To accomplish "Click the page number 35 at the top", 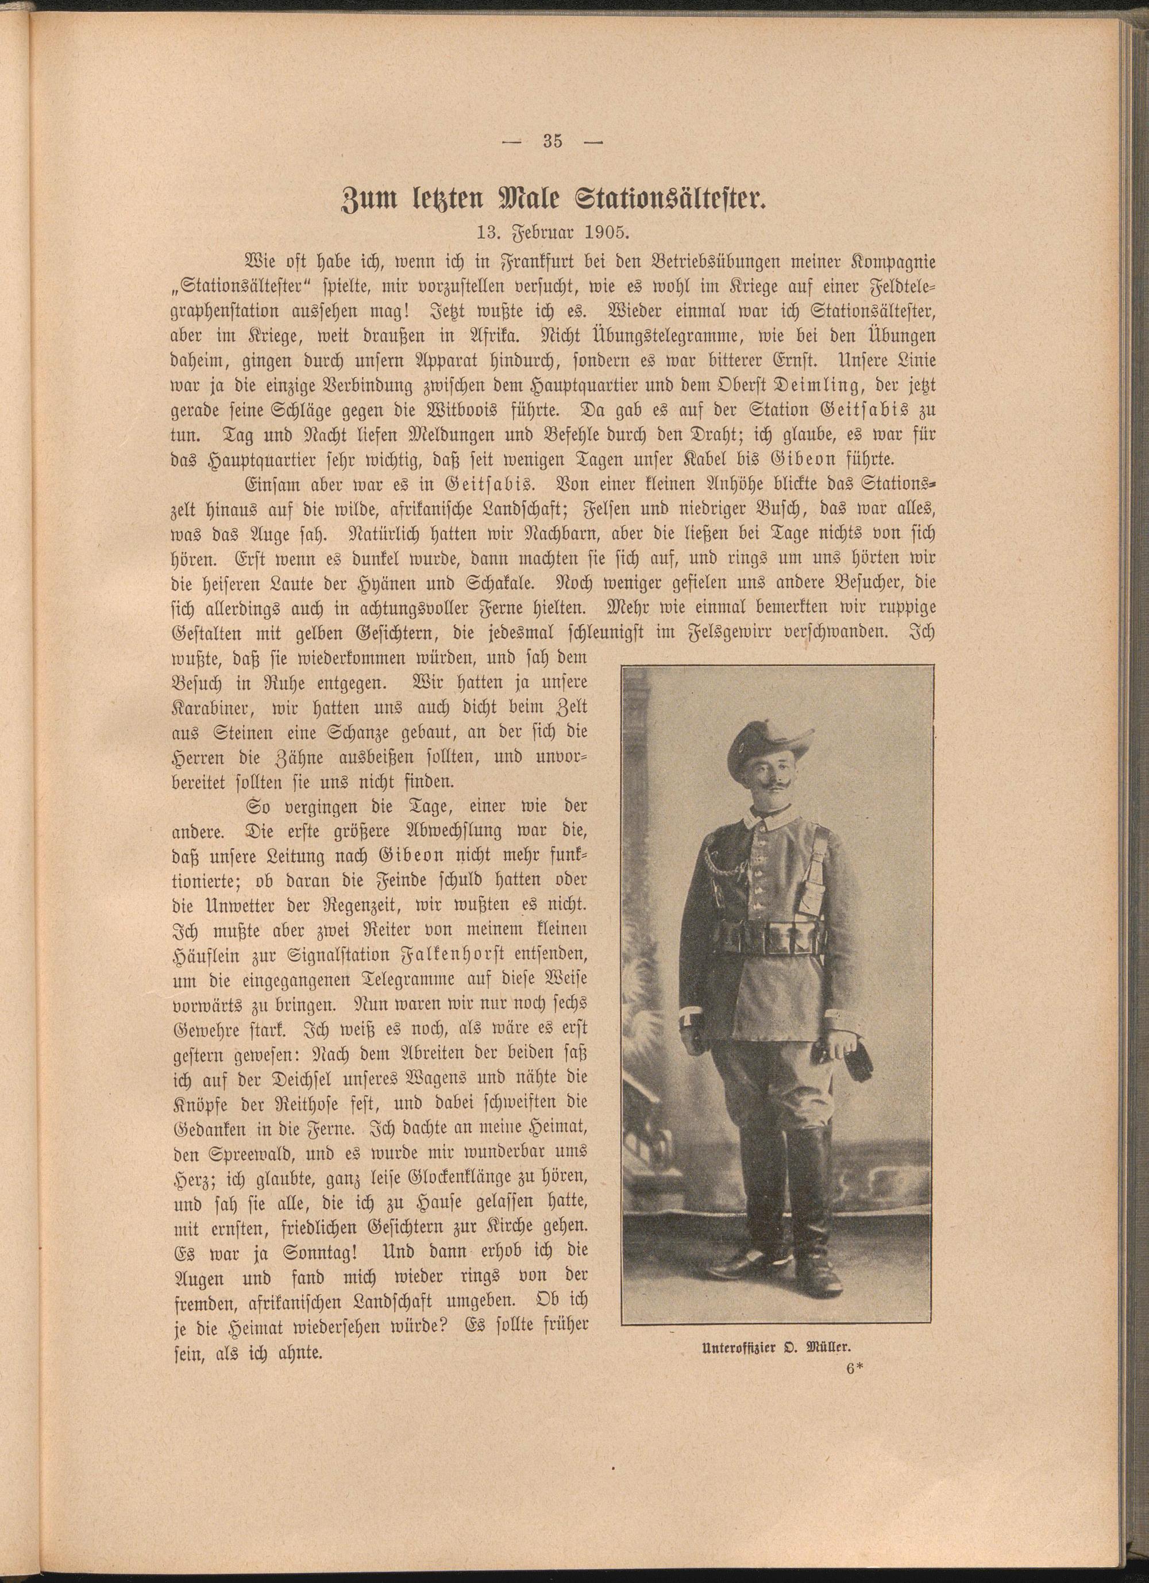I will click(x=552, y=141).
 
